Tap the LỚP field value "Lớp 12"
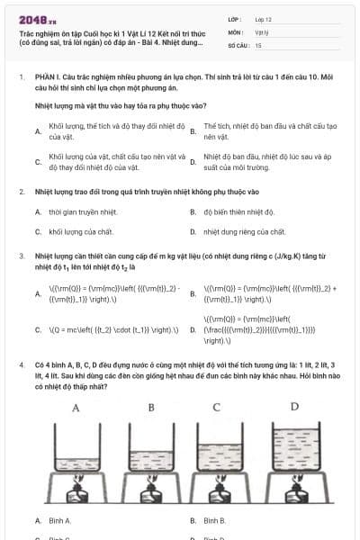pos(264,18)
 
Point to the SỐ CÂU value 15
pos(258,44)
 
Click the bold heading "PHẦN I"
pos(47,78)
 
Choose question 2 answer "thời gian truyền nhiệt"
pos(80,212)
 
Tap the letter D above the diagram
pos(293,407)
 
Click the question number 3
pos(22,256)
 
